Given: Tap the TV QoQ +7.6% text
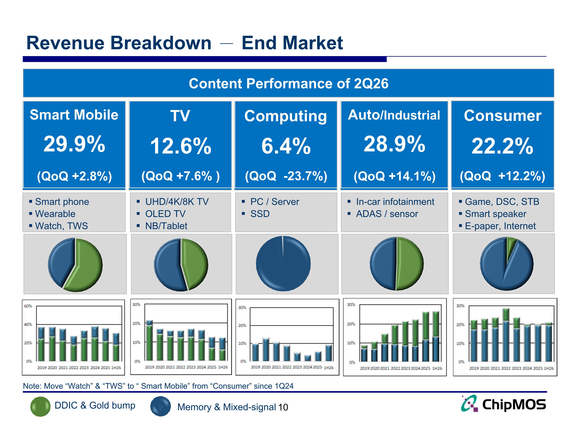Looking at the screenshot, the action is click(180, 176).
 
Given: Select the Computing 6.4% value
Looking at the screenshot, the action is click(286, 146).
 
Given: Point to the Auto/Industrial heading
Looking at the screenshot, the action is click(394, 115).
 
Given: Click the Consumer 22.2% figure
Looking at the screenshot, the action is click(502, 146).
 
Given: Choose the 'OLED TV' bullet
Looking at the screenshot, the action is click(165, 214).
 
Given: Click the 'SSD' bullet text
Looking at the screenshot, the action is click(260, 214).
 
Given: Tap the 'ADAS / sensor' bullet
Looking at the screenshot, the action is click(387, 214).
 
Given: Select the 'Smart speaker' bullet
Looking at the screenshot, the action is click(496, 214).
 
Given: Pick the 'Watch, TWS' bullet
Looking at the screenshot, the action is click(61, 226).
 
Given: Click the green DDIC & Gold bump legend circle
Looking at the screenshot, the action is click(40, 406).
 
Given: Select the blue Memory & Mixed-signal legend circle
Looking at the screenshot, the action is click(160, 406).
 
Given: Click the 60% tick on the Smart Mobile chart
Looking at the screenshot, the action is click(28, 306).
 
